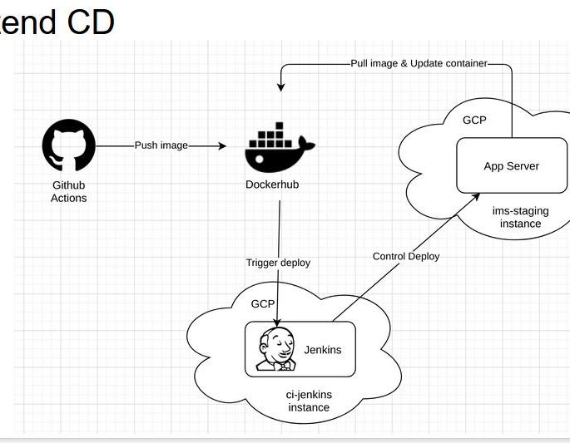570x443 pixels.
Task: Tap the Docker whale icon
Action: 279,147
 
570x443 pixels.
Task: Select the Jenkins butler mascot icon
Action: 275,348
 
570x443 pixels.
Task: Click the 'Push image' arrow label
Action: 161,145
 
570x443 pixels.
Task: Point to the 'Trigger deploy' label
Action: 278,263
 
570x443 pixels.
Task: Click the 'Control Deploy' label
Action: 406,256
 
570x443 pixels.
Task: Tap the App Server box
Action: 511,165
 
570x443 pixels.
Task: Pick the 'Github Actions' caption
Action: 69,191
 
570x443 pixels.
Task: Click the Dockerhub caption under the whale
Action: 279,185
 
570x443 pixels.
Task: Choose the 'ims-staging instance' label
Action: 520,217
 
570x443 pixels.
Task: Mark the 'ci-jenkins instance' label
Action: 309,401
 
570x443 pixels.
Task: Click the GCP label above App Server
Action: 474,120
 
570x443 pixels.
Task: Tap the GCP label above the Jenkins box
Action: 263,304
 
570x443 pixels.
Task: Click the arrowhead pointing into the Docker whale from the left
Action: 221,146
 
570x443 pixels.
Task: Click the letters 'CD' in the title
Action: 87,22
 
